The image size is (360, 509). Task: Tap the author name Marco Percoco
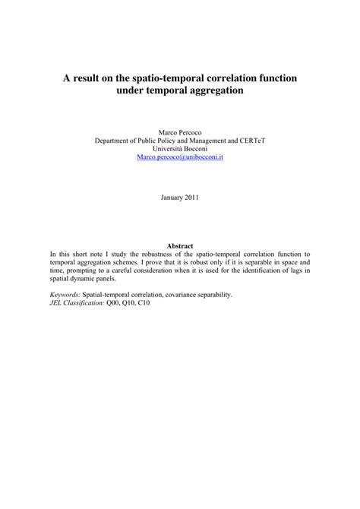(179, 131)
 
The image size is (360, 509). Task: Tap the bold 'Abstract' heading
(180, 246)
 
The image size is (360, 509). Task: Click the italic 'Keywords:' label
(66, 294)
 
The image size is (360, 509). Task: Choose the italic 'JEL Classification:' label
(77, 302)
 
